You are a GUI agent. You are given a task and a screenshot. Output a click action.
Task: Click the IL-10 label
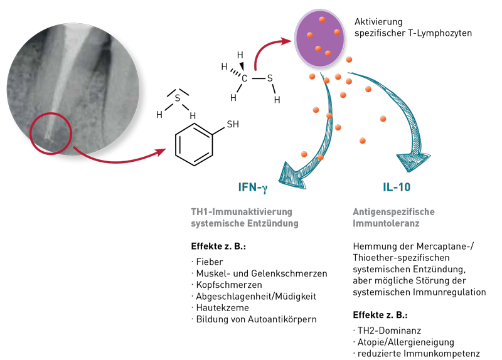coord(397,187)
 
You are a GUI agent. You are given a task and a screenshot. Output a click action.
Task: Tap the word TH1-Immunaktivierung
coord(242,212)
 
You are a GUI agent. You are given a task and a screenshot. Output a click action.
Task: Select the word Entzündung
coord(270,224)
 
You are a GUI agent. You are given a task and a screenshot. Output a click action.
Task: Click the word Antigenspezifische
coord(393,212)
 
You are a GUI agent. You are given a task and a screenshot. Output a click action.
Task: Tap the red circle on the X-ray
coord(51,132)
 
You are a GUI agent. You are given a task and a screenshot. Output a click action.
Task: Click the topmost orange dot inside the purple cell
coord(322,19)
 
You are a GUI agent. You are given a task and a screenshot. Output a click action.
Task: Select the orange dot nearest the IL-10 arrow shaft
coord(368,89)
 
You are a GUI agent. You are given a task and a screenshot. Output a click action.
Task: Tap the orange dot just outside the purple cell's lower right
coord(349,60)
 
